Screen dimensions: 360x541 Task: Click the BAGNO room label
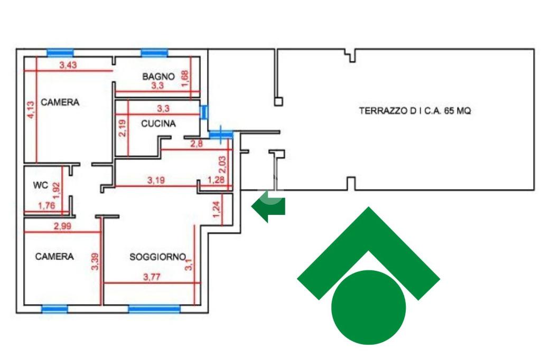pyautogui.click(x=158, y=77)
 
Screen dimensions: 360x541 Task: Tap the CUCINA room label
pyautogui.click(x=158, y=124)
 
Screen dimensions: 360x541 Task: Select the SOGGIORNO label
pyautogui.click(x=157, y=257)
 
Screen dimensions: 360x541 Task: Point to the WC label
pyautogui.click(x=41, y=185)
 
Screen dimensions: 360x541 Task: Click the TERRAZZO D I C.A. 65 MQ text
pyautogui.click(x=415, y=111)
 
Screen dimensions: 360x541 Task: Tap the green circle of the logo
pyautogui.click(x=368, y=307)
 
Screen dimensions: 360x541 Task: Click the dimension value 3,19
pyautogui.click(x=155, y=181)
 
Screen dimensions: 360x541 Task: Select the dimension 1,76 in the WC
pyautogui.click(x=46, y=206)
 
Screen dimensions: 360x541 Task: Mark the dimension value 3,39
pyautogui.click(x=95, y=261)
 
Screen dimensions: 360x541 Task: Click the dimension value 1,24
pyautogui.click(x=216, y=210)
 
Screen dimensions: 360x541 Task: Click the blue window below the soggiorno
pyautogui.click(x=154, y=309)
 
